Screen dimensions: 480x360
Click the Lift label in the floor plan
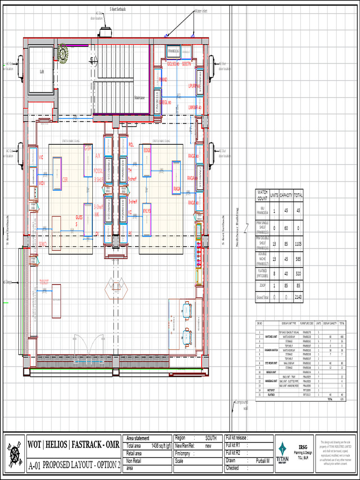41,71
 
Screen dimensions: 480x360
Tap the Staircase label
139,97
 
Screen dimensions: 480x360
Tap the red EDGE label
147,150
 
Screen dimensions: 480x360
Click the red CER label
65,180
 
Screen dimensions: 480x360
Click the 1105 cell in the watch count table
298,244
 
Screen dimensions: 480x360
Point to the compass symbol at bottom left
15,453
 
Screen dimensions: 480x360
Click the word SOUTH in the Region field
210,438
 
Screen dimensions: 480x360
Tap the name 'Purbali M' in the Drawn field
262,461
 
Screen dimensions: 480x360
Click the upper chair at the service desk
187,309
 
